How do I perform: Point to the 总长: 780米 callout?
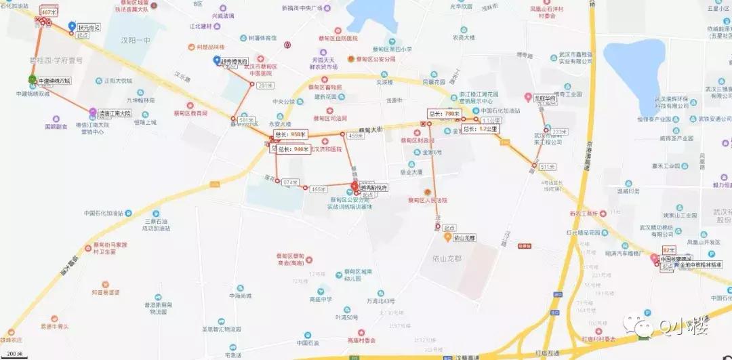coord(444,113)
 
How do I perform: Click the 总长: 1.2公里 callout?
coord(479,128)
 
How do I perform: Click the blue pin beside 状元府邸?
coord(72,26)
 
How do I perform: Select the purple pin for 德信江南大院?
coord(93,111)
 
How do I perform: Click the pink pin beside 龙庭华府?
coord(528,98)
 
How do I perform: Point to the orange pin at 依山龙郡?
coord(447,237)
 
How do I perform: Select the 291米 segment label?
coord(265,85)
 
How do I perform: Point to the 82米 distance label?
coord(670,250)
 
